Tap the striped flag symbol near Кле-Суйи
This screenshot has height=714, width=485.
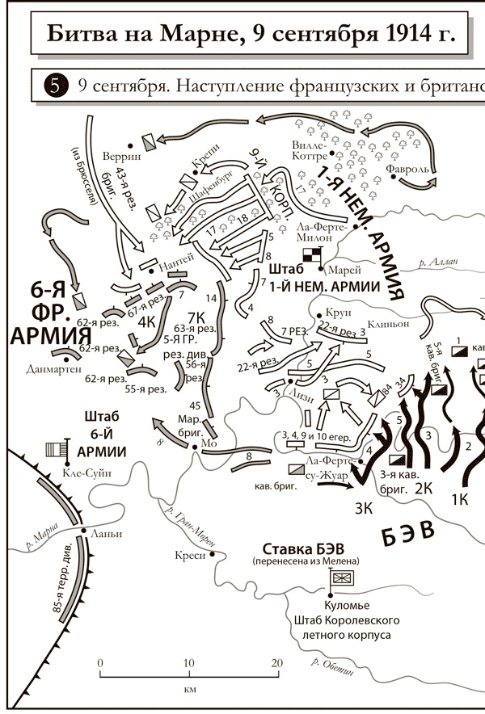tap(55, 449)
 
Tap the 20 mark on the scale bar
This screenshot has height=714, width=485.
tap(277, 663)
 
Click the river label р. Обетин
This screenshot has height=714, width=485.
tap(332, 666)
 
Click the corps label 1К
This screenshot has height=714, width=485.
tap(458, 498)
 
